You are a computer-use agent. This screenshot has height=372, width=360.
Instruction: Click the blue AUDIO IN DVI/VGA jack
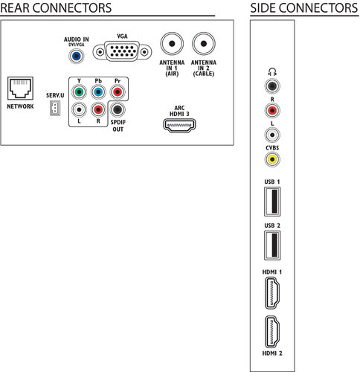click(77, 56)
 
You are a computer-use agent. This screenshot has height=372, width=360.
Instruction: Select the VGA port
click(122, 51)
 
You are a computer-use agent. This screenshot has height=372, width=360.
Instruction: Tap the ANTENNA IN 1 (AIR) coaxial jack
click(172, 44)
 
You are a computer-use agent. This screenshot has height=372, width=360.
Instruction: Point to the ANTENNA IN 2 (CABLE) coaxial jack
click(204, 44)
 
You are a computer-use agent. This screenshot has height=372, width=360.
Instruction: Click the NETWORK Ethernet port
click(20, 89)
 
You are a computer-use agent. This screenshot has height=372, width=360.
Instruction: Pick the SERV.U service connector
click(55, 108)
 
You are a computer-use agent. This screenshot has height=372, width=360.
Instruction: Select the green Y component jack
click(79, 92)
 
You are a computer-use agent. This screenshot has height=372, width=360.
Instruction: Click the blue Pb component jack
click(98, 92)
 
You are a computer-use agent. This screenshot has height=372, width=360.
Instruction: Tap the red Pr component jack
click(118, 92)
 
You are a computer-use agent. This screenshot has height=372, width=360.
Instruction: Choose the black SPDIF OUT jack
click(118, 109)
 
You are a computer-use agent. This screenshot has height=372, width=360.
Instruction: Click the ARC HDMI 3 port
click(179, 125)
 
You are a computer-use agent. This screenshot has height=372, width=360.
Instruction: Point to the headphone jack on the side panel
click(272, 86)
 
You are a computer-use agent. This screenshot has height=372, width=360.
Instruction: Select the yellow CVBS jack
click(272, 159)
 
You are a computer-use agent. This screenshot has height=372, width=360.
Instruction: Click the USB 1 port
click(272, 202)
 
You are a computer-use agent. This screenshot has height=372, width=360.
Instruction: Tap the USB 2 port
click(272, 246)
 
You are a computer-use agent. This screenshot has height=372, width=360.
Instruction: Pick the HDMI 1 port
click(272, 293)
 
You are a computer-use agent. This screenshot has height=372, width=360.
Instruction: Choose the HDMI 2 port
click(272, 332)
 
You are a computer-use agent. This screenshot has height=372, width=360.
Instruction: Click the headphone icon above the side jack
click(272, 72)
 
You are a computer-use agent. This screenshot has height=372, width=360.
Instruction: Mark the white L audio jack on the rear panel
click(79, 109)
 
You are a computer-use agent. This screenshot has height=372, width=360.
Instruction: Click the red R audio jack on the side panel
click(272, 110)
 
